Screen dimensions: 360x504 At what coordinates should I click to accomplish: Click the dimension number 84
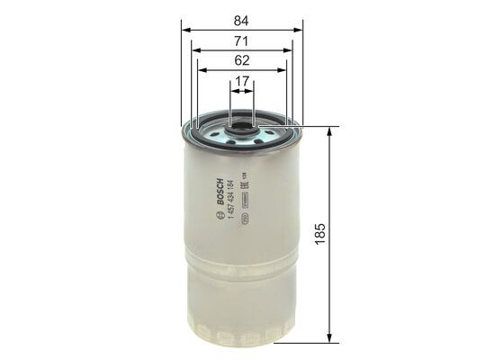click(x=242, y=18)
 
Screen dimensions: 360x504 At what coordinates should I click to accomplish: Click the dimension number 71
click(x=242, y=41)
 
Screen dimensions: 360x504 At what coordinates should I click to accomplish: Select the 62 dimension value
click(x=242, y=63)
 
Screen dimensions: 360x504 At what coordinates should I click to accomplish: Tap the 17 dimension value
click(x=242, y=82)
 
